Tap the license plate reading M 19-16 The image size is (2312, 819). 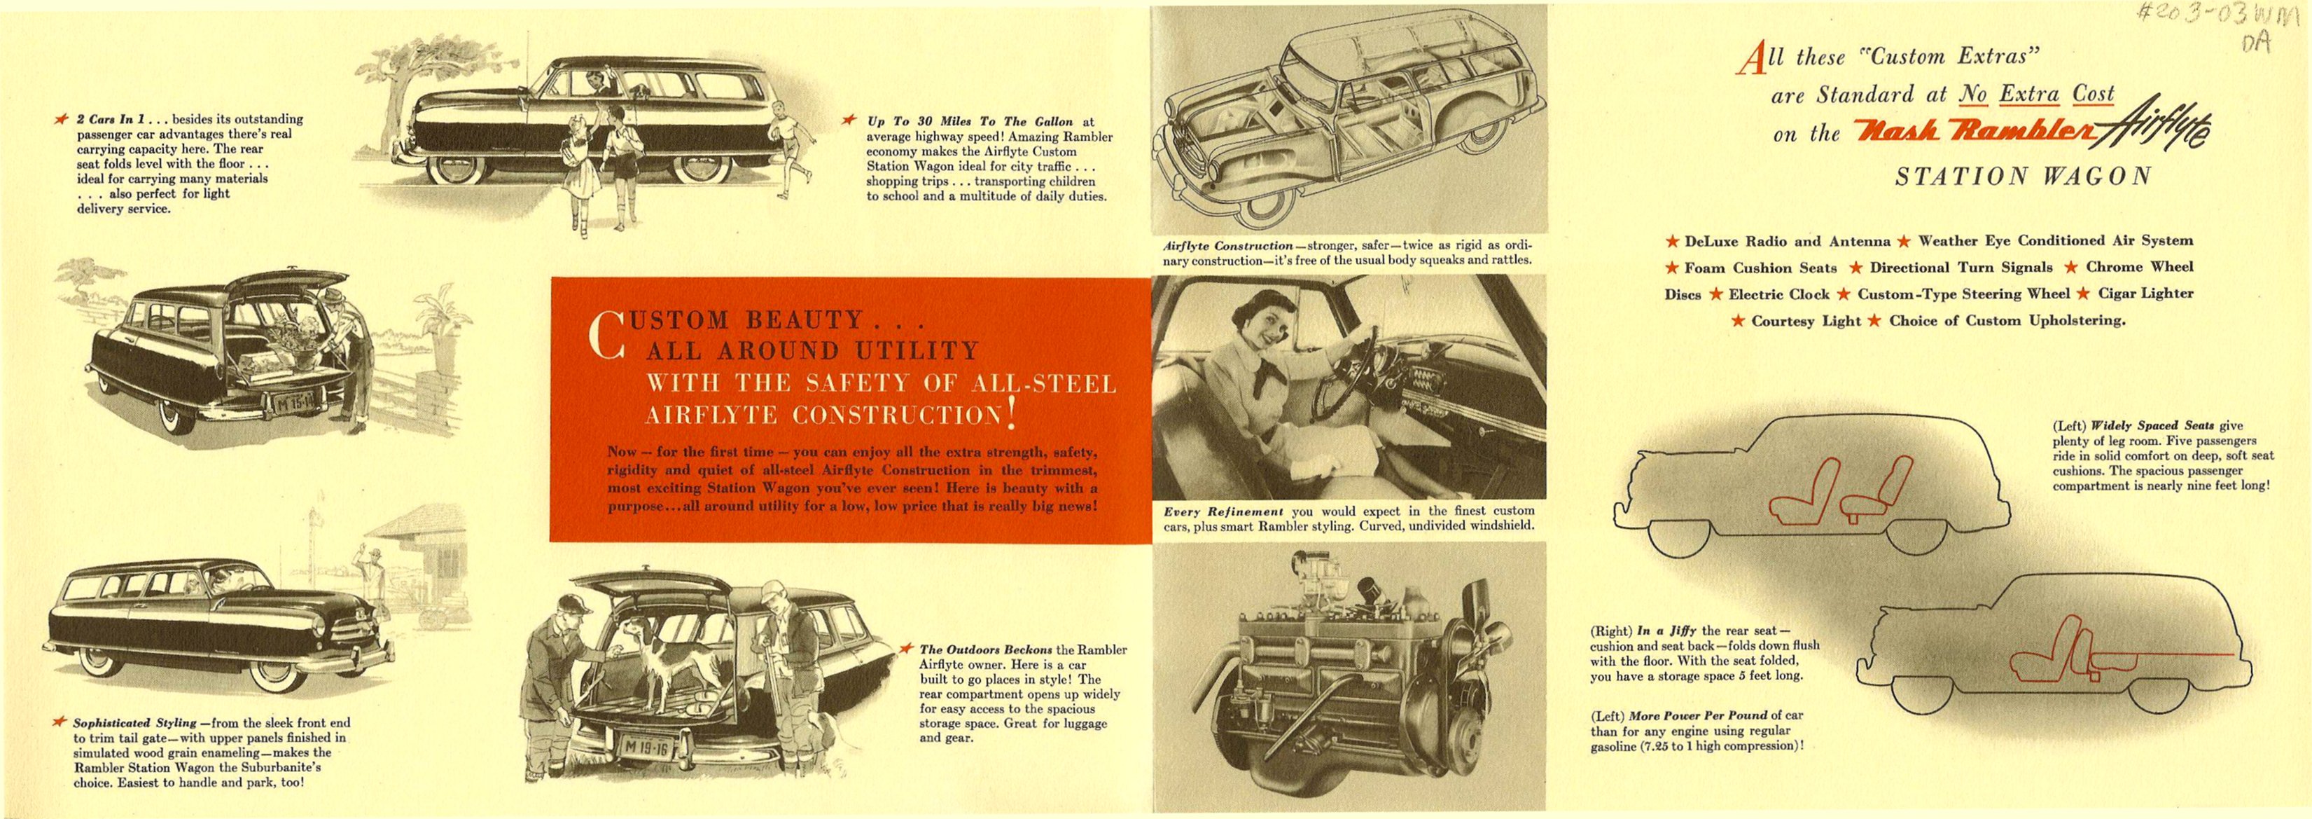click(x=643, y=745)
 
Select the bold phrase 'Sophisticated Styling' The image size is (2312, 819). click(x=134, y=723)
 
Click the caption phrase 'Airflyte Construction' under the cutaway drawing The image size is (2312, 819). click(x=1227, y=245)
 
